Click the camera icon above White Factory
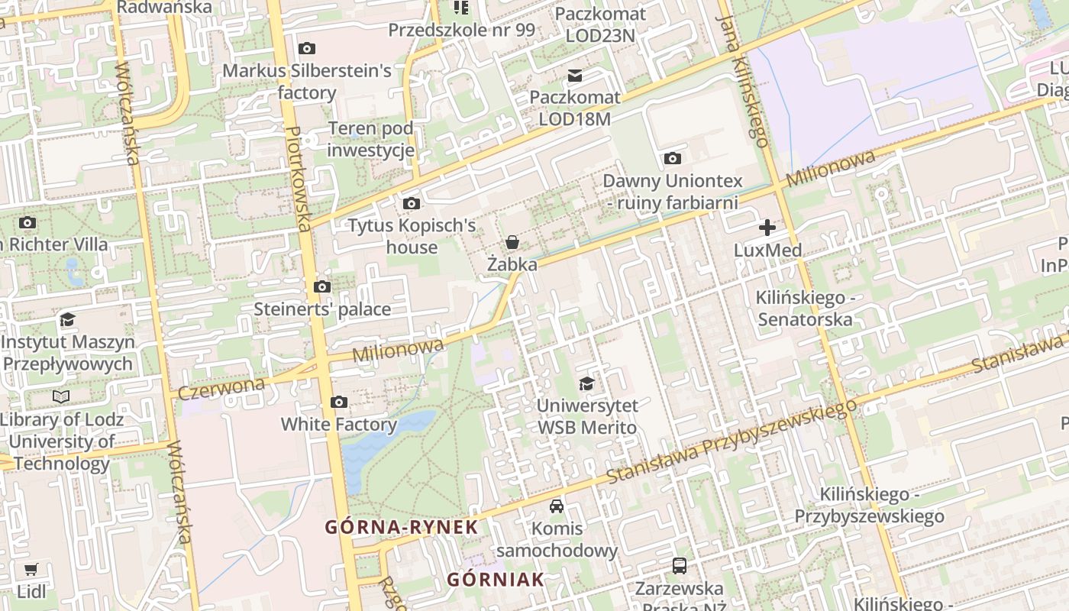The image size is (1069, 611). [x=339, y=402]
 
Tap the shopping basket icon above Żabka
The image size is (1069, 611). [x=512, y=243]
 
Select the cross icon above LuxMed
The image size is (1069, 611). [x=767, y=228]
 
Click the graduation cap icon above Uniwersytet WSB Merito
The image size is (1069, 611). [x=586, y=383]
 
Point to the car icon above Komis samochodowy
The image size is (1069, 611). [x=557, y=506]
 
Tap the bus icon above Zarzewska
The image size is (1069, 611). [x=679, y=566]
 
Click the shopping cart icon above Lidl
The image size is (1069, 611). [x=31, y=570]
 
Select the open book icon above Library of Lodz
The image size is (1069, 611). [x=61, y=396]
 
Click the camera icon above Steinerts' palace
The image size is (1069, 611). [x=322, y=287]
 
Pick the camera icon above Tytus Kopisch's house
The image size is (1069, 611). [x=412, y=203]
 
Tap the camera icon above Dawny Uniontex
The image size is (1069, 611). [x=672, y=159]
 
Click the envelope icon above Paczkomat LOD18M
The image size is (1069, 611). [x=574, y=76]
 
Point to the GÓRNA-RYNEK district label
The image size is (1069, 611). [x=402, y=527]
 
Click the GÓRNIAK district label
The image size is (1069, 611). [x=496, y=579]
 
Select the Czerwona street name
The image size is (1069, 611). [x=221, y=387]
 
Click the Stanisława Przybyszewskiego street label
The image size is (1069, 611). [x=732, y=442]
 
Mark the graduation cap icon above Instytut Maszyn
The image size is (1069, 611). [x=67, y=319]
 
